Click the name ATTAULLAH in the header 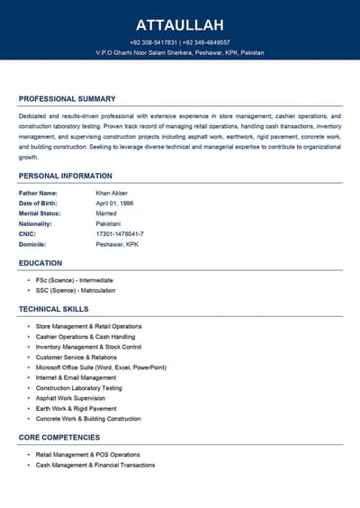click(180, 25)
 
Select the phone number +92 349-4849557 click(207, 42)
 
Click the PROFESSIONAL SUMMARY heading click(67, 98)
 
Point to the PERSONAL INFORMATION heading click(66, 176)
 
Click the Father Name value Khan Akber click(112, 193)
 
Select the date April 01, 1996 click(113, 204)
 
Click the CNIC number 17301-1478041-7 click(120, 234)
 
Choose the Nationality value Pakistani click(108, 223)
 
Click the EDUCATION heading click(40, 263)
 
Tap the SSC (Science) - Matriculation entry click(75, 291)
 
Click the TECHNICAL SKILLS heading click(54, 309)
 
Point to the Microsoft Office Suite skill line click(101, 367)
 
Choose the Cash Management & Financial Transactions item click(95, 465)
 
